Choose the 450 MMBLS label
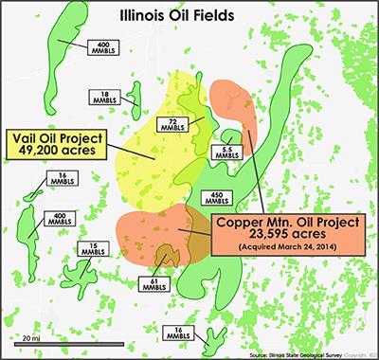coord(215,197)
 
